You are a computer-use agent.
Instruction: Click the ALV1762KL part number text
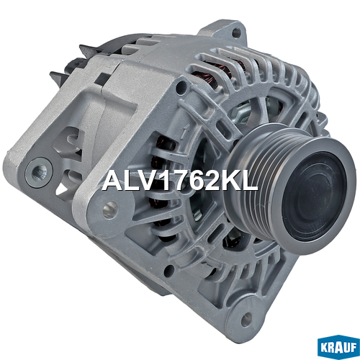click(180, 181)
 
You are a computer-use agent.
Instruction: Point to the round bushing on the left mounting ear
click(40, 172)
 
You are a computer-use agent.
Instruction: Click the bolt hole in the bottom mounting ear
click(246, 319)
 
